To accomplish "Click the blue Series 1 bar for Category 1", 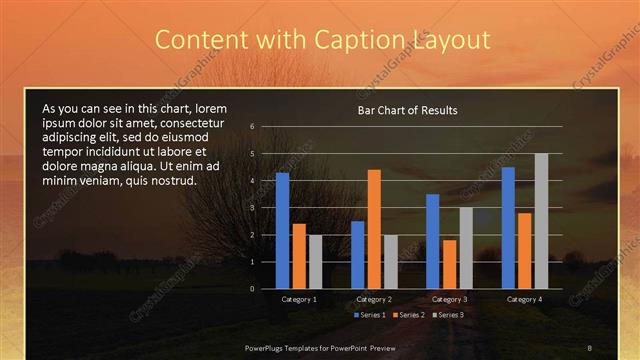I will coord(282,230).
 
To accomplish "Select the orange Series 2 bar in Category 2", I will coord(374,229).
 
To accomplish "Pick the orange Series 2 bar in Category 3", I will coord(449,264).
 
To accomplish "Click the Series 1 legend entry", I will coord(370,315).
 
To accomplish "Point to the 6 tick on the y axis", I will coord(253,126).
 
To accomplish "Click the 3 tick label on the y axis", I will coord(253,207).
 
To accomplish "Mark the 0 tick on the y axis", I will coord(253,288).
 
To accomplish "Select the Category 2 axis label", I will coord(374,299).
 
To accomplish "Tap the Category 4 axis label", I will coord(524,299).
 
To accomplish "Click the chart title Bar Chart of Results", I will coord(407,110).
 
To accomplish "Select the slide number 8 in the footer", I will coord(589,347).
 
